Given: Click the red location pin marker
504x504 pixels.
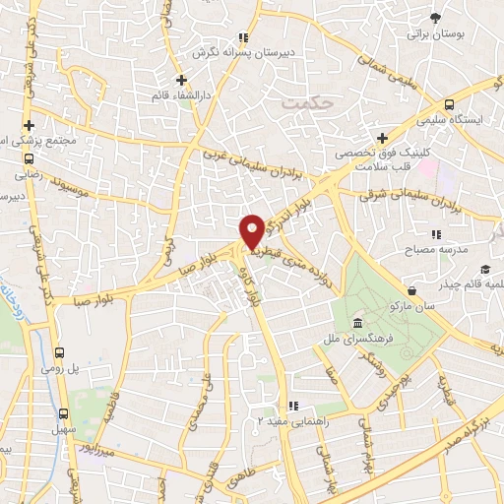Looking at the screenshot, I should click(x=252, y=231).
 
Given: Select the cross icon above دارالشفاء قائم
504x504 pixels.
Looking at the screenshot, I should click(x=180, y=79).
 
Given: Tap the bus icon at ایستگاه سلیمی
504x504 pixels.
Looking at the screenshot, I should click(x=450, y=104).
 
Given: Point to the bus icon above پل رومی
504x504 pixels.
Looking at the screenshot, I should click(x=60, y=351).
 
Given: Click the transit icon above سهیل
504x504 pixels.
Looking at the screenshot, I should click(x=64, y=414).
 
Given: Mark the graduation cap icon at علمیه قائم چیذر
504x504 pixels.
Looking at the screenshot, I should click(x=484, y=269).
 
